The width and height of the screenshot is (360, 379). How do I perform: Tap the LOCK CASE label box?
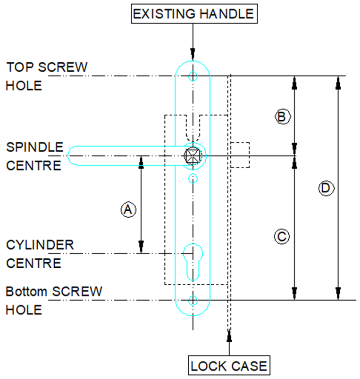(229, 365)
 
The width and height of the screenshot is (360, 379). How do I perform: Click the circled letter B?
(282, 116)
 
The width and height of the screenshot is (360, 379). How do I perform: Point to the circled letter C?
(282, 237)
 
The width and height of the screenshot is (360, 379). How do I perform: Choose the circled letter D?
(326, 189)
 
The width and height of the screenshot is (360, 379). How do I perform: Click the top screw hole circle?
(193, 76)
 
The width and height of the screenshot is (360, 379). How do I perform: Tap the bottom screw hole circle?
(193, 300)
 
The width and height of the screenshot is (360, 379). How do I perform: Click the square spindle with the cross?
(193, 156)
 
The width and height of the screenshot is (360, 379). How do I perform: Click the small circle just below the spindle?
(193, 178)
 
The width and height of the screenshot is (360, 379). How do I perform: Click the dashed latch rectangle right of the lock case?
(241, 155)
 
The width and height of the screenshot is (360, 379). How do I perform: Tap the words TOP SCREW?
(47, 67)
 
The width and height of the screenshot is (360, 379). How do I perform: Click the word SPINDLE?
(34, 147)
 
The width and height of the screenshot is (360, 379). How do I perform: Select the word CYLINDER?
(40, 245)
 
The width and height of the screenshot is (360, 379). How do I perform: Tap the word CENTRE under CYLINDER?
(33, 263)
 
